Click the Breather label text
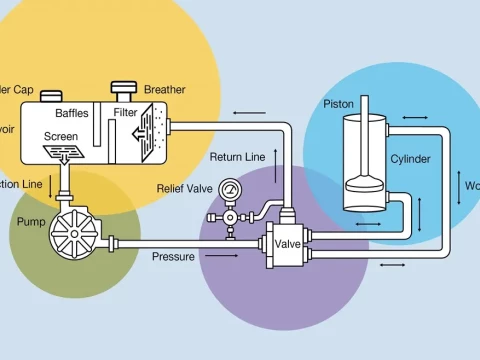click(x=165, y=89)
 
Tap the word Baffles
click(x=72, y=113)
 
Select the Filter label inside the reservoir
click(x=125, y=113)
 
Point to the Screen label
click(x=61, y=136)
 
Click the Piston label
click(x=338, y=104)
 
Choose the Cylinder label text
click(x=410, y=159)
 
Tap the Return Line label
click(x=238, y=157)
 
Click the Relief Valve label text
click(x=185, y=188)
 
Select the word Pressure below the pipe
click(x=173, y=257)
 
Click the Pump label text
click(x=31, y=220)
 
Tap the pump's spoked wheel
click(x=73, y=236)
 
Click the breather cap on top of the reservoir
click(x=125, y=90)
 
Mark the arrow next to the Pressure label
click(x=230, y=257)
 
